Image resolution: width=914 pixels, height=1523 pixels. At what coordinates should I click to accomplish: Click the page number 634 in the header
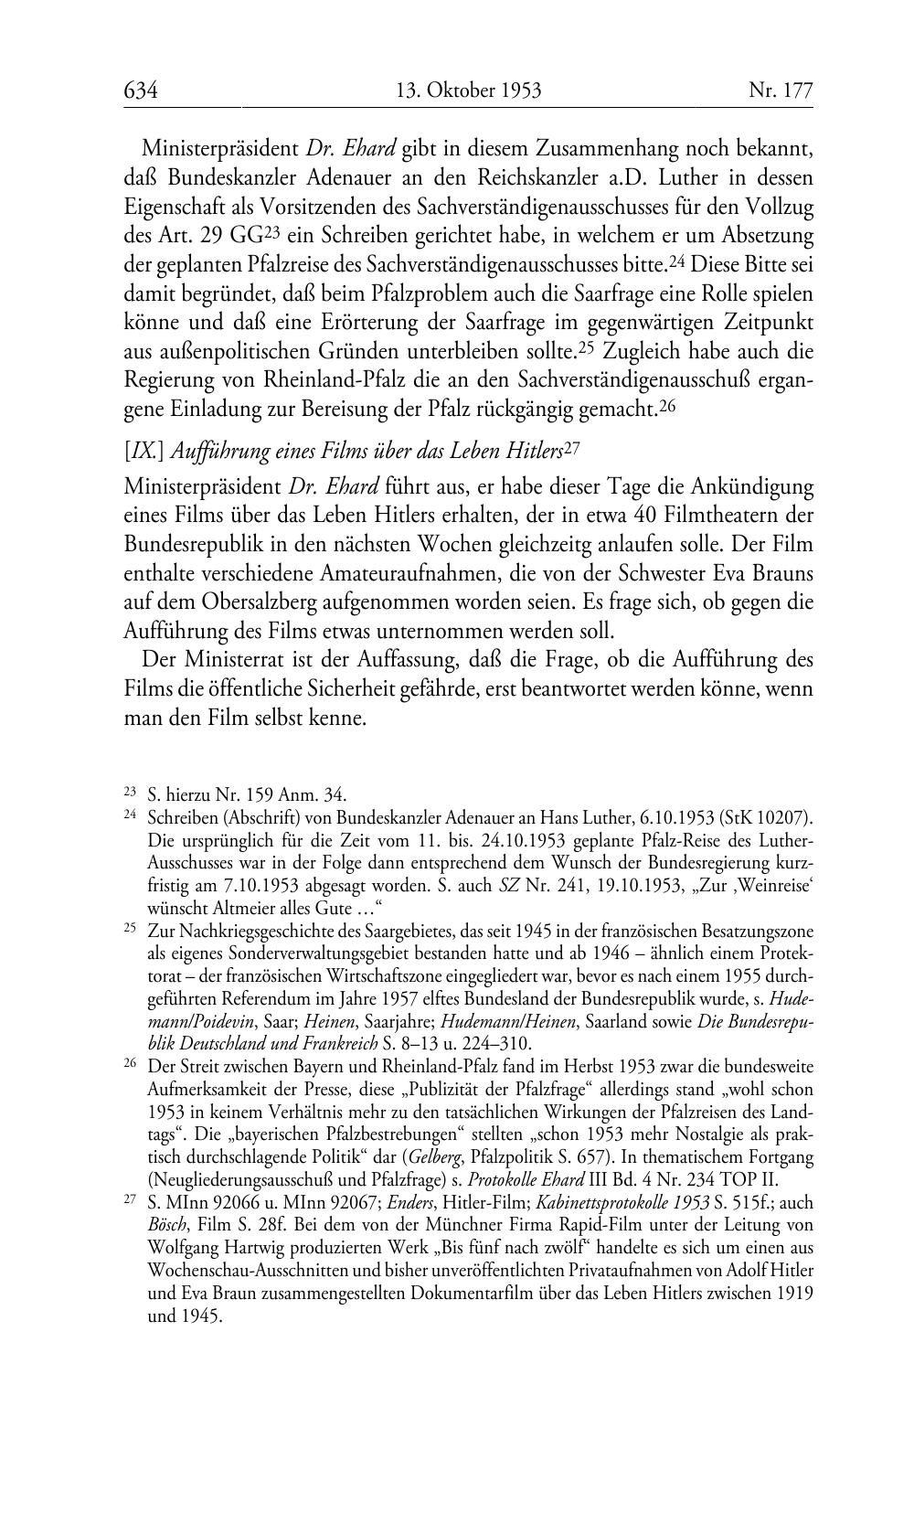(x=142, y=91)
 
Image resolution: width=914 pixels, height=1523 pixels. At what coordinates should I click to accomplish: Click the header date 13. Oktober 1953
(x=468, y=91)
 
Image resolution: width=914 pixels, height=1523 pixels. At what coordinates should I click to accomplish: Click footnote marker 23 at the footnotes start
(x=130, y=793)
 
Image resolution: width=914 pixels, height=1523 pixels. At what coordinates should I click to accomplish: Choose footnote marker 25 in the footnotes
(x=130, y=929)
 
